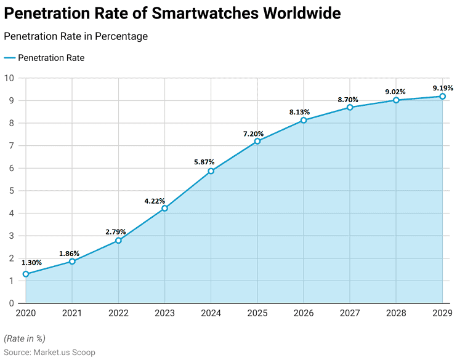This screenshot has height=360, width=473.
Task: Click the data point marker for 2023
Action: (x=164, y=208)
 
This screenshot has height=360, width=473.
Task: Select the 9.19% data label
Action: (x=442, y=88)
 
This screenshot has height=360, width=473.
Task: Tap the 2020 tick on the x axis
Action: (x=26, y=313)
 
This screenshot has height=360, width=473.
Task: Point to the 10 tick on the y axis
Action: (x=9, y=78)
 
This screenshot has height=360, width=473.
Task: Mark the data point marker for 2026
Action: (x=304, y=120)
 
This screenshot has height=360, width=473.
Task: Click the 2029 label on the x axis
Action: (x=442, y=313)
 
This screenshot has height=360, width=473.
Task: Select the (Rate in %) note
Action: (x=25, y=338)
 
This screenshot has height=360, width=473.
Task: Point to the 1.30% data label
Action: (x=31, y=263)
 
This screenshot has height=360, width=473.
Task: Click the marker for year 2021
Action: (x=72, y=262)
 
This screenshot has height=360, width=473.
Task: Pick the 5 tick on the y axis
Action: (x=11, y=191)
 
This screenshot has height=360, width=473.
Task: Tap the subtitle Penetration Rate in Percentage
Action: (x=76, y=36)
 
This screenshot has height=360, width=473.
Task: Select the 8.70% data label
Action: (x=348, y=99)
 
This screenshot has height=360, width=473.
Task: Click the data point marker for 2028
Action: (x=396, y=100)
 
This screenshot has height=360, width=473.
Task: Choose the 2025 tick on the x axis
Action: (x=257, y=313)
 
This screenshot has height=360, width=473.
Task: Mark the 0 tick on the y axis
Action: (x=11, y=303)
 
